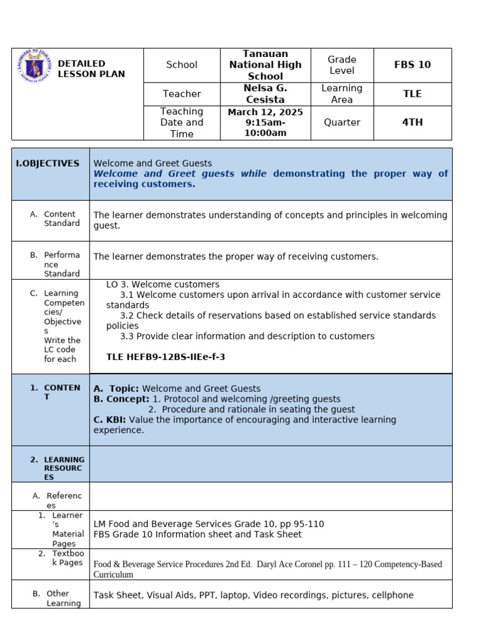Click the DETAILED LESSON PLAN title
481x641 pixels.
(91, 69)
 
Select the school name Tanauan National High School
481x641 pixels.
(265, 65)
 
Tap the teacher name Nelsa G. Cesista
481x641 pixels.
(265, 94)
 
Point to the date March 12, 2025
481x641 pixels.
(265, 112)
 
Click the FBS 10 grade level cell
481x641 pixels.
(412, 65)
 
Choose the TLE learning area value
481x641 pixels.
(412, 94)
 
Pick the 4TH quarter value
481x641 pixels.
(412, 122)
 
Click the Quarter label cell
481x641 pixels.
(342, 122)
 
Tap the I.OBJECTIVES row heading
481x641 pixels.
(48, 163)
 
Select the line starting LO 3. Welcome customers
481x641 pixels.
(163, 284)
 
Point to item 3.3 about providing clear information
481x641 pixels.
(247, 336)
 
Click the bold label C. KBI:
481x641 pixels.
(110, 419)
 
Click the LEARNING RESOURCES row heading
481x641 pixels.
(63, 468)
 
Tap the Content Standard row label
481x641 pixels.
(61, 218)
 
